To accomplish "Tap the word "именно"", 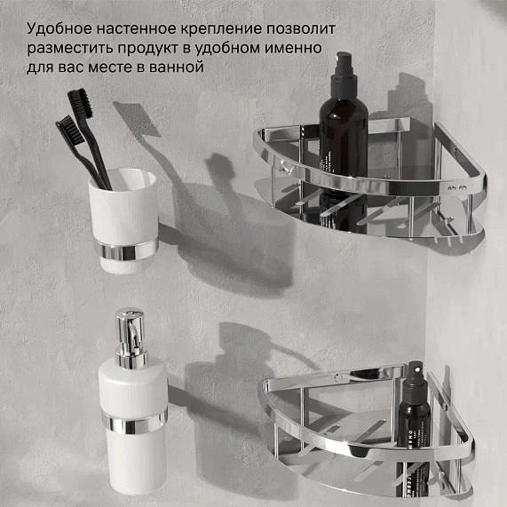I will [x=297, y=47].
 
